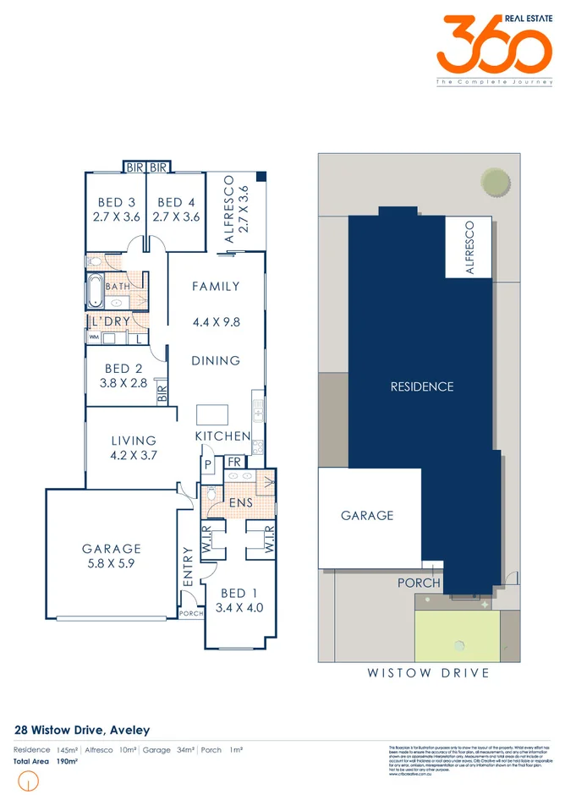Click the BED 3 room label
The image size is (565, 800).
(x=117, y=202)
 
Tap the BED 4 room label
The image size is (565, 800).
(x=176, y=202)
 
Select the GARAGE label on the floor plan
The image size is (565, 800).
(x=112, y=548)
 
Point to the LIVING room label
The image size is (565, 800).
(x=134, y=441)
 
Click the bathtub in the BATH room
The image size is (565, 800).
(x=94, y=293)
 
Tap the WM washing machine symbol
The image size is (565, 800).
(x=94, y=338)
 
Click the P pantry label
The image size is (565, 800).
(x=206, y=464)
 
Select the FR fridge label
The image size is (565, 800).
(x=233, y=462)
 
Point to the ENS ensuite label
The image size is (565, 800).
(x=239, y=505)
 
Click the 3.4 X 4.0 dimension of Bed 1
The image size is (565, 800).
(x=239, y=607)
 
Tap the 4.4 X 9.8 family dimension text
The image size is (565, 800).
(x=217, y=321)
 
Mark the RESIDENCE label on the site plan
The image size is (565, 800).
(x=422, y=386)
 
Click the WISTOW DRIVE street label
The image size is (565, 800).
(x=428, y=673)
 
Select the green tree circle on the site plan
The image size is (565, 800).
(x=494, y=181)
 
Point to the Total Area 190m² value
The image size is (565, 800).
(x=67, y=761)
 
